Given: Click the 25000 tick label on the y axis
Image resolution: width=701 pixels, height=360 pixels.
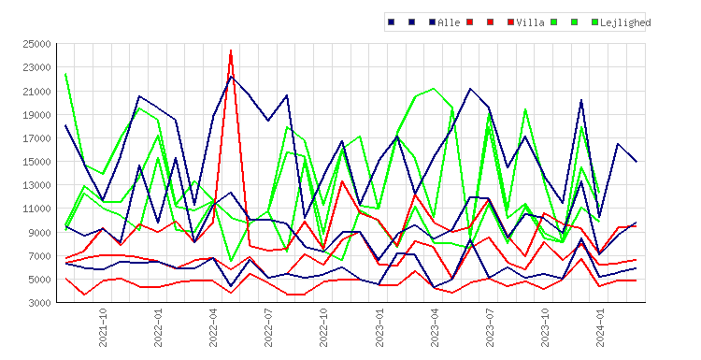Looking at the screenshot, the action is [36, 44].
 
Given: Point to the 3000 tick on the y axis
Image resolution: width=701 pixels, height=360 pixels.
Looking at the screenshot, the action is [39, 303].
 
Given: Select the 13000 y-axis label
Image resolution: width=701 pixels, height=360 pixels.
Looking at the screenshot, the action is [36, 185].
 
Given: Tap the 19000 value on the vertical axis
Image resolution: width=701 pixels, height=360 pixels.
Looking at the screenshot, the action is [36, 115].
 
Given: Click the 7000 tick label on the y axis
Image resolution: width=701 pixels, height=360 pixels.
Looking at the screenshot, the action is [39, 256].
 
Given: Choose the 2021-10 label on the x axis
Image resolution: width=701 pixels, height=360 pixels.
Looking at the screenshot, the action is [103, 327].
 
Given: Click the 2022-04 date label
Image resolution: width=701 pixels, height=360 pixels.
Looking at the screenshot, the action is [213, 327].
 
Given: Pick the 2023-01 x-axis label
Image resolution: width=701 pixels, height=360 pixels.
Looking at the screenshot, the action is [379, 327].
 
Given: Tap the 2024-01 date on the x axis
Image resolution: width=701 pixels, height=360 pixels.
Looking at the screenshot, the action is [600, 327].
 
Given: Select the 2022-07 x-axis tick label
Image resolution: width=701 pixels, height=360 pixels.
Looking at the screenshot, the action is [268, 327].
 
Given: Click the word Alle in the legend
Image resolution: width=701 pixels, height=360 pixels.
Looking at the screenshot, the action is [449, 22].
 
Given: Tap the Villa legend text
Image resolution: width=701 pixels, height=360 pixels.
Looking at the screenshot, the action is [530, 22].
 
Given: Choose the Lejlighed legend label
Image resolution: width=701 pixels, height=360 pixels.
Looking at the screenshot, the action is [625, 22].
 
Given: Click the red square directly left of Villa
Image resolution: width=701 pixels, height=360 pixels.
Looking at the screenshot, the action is [510, 22].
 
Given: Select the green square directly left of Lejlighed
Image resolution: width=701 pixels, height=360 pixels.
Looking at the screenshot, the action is [594, 22].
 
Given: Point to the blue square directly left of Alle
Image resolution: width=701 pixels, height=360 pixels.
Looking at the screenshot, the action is [432, 22].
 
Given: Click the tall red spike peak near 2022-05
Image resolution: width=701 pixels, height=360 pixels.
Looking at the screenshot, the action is [231, 50].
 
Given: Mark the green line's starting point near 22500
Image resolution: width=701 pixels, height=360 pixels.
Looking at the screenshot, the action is [65, 74].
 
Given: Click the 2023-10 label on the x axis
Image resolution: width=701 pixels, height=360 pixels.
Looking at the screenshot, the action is [545, 327].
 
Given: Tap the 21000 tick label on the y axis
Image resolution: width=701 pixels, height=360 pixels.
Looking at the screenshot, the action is [36, 92].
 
